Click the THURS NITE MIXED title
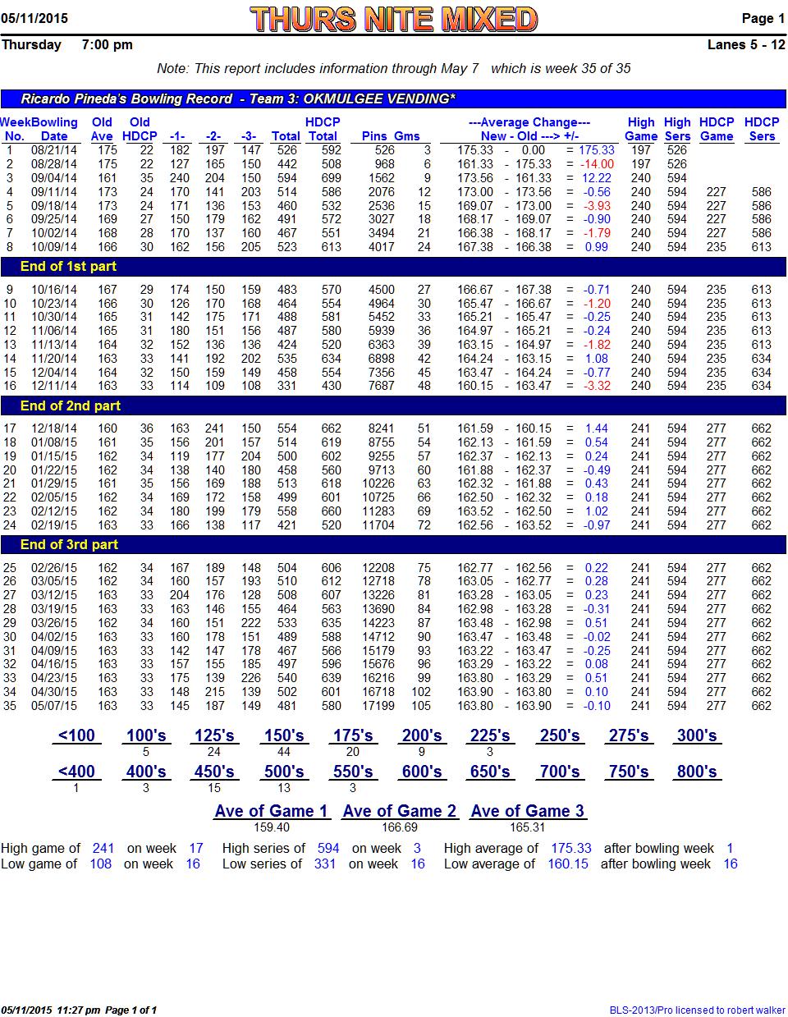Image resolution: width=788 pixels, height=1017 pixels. tap(393, 20)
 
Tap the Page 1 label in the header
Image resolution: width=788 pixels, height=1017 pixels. tap(763, 18)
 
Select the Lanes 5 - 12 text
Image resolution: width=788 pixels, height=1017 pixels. tap(746, 44)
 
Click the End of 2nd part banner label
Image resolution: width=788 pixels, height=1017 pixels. tap(71, 405)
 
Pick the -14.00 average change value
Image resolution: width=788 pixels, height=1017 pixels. tap(597, 164)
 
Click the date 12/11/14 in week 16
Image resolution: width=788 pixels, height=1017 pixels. tap(54, 386)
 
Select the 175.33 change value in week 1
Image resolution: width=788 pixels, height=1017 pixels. tap(596, 150)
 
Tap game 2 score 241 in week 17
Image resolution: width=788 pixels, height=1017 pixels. tap(215, 428)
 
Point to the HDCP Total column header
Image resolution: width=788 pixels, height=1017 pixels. tap(323, 129)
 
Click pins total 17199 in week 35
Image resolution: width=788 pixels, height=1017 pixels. tap(378, 705)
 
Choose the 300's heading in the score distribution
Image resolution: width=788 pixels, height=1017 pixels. tap(697, 735)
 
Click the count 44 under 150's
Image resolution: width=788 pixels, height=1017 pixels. tap(283, 752)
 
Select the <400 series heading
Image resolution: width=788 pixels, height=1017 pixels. tap(76, 772)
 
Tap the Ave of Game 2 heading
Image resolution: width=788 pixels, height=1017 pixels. tap(399, 811)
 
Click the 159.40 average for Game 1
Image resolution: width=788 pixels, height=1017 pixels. tap(272, 827)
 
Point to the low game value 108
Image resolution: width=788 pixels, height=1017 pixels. tap(101, 864)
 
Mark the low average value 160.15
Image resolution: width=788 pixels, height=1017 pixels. tap(567, 864)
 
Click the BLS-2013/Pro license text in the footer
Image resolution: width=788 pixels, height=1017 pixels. tap(697, 1010)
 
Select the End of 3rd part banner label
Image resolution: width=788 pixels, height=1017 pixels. tap(69, 544)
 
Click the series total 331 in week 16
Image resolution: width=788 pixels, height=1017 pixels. tap(286, 386)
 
